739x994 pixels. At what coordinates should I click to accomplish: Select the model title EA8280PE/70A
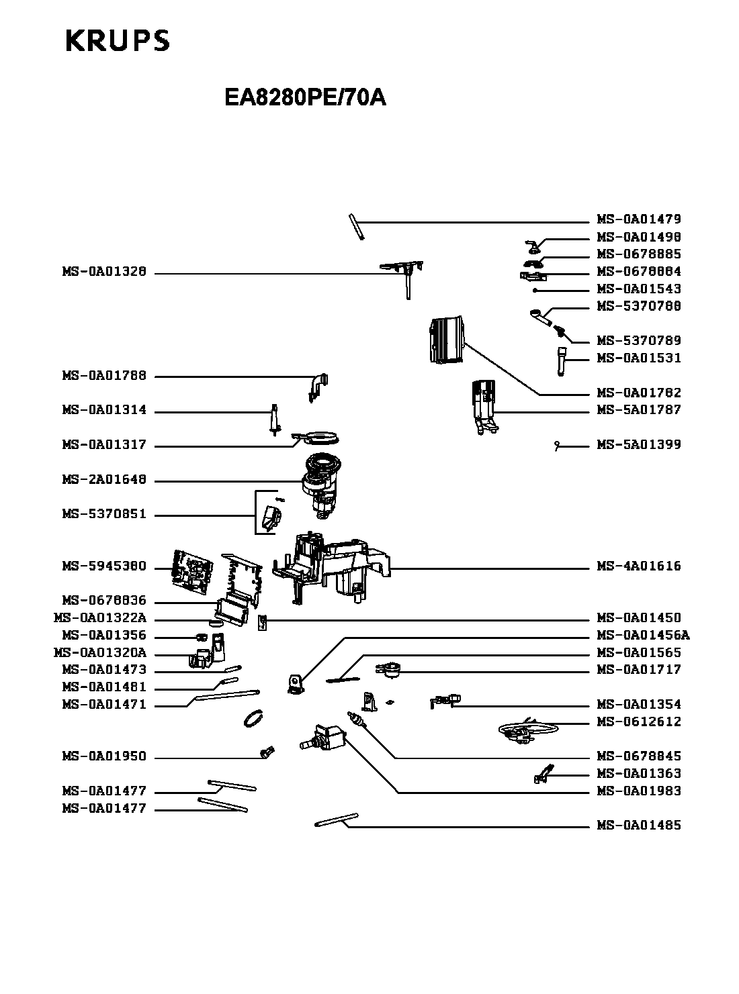305,98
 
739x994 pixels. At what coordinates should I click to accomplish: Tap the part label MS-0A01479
639,219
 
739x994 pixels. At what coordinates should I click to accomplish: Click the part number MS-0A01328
104,272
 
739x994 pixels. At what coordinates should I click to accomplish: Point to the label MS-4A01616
639,566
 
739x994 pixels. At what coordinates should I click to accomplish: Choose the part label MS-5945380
104,566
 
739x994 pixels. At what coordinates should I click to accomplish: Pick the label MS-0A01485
639,825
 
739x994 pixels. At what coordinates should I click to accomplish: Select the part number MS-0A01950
104,756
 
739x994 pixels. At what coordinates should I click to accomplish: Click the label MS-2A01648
104,480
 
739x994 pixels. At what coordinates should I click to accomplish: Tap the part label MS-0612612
639,722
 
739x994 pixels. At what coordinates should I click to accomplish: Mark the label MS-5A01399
639,444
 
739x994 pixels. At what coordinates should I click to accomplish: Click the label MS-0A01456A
643,635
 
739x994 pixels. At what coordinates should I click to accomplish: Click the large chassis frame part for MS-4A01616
336,564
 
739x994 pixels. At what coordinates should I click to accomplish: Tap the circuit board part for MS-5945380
193,570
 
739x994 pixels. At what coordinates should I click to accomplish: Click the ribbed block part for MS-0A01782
446,340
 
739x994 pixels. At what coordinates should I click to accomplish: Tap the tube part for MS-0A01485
336,819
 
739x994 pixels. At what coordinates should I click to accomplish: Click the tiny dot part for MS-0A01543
535,291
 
